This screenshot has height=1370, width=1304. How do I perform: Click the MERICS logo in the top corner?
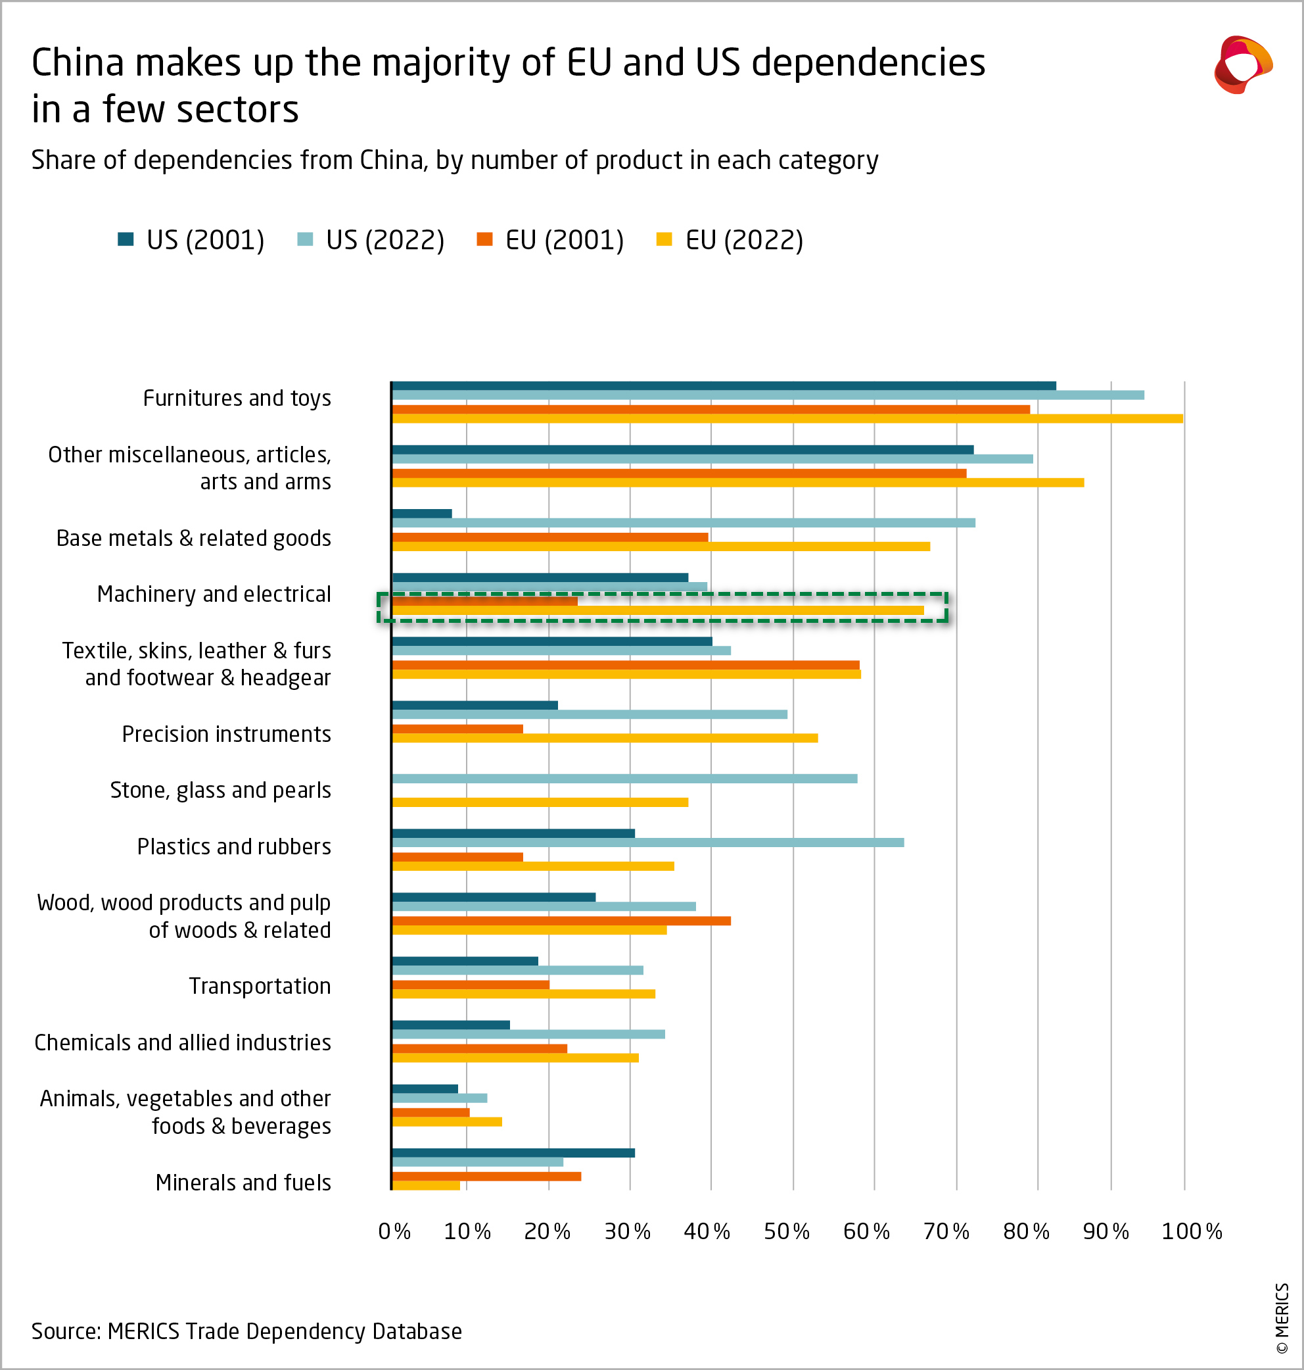click(x=1243, y=64)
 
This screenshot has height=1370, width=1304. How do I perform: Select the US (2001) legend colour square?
click(x=126, y=239)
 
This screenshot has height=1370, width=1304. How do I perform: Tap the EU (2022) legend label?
click(x=744, y=240)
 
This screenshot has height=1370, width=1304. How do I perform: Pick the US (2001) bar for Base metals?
click(x=422, y=513)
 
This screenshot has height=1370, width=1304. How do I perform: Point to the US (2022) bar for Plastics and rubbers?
click(x=647, y=842)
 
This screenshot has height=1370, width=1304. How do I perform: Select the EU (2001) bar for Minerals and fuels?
click(x=486, y=1176)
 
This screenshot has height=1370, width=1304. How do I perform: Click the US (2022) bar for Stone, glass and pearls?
click(x=624, y=778)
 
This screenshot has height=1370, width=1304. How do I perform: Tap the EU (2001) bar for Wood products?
click(x=561, y=921)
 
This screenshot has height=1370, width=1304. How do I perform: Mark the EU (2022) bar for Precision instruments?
click(x=605, y=738)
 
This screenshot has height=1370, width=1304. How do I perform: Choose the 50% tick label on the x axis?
click(x=786, y=1232)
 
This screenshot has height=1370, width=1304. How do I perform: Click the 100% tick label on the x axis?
click(x=1192, y=1232)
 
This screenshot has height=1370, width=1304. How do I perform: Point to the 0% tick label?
click(x=394, y=1232)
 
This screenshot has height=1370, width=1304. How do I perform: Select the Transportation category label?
click(x=260, y=986)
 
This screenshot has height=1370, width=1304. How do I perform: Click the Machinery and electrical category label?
click(x=214, y=594)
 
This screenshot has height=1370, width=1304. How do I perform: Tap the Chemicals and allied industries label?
click(x=183, y=1042)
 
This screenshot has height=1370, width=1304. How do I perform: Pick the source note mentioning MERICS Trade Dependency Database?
click(x=246, y=1331)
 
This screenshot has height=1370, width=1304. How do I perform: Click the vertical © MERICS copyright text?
click(x=1282, y=1319)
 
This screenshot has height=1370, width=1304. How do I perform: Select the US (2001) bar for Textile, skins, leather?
click(x=552, y=641)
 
